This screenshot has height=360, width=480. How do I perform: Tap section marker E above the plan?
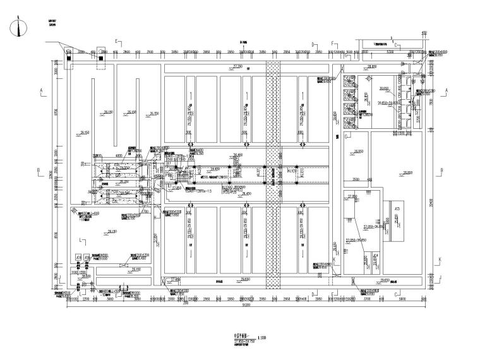pyautogui.click(x=116, y=41)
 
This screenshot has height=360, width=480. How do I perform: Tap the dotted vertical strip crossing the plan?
pyautogui.click(x=272, y=171)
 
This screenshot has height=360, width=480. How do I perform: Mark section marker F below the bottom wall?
pyautogui.click(x=333, y=295)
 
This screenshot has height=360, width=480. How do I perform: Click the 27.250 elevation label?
pyautogui.click(x=238, y=66)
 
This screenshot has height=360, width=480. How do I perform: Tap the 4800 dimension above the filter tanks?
pyautogui.click(x=119, y=155)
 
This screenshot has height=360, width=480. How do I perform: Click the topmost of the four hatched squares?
pyautogui.click(x=349, y=80)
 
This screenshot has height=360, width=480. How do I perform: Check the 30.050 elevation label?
pyautogui.click(x=383, y=88)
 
